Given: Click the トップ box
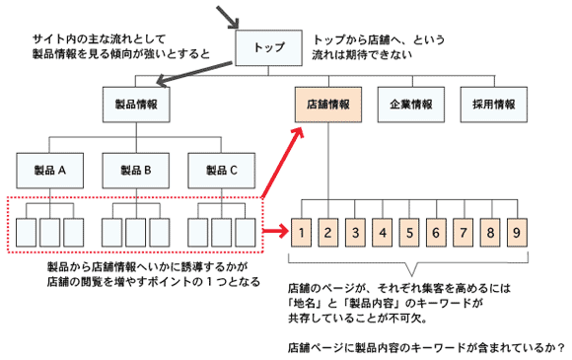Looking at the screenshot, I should (269, 45).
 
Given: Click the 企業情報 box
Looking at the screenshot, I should (410, 104).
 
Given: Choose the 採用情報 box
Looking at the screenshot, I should (491, 104).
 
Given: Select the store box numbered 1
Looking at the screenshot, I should (305, 234).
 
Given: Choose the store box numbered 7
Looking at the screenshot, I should (460, 234).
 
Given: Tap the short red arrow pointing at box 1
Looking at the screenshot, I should (275, 234).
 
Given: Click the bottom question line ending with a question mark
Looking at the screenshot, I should (425, 348).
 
